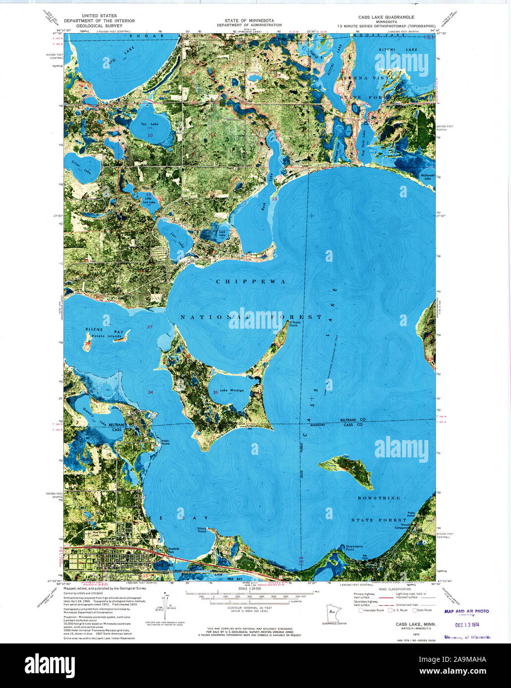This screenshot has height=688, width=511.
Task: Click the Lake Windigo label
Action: pyautogui.click(x=236, y=390)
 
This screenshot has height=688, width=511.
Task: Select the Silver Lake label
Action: pyautogui.click(x=81, y=170)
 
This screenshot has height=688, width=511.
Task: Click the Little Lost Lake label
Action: pyautogui.click(x=149, y=200)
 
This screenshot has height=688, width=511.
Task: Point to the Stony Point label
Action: pyautogui.click(x=202, y=531)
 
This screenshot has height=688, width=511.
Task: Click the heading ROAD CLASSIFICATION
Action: pyautogui.click(x=395, y=589)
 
